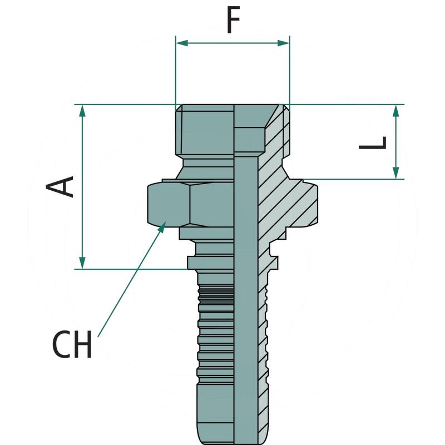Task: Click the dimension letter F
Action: tap(233, 21)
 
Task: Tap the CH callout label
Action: tap(72, 345)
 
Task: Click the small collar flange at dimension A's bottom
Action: tap(211, 262)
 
